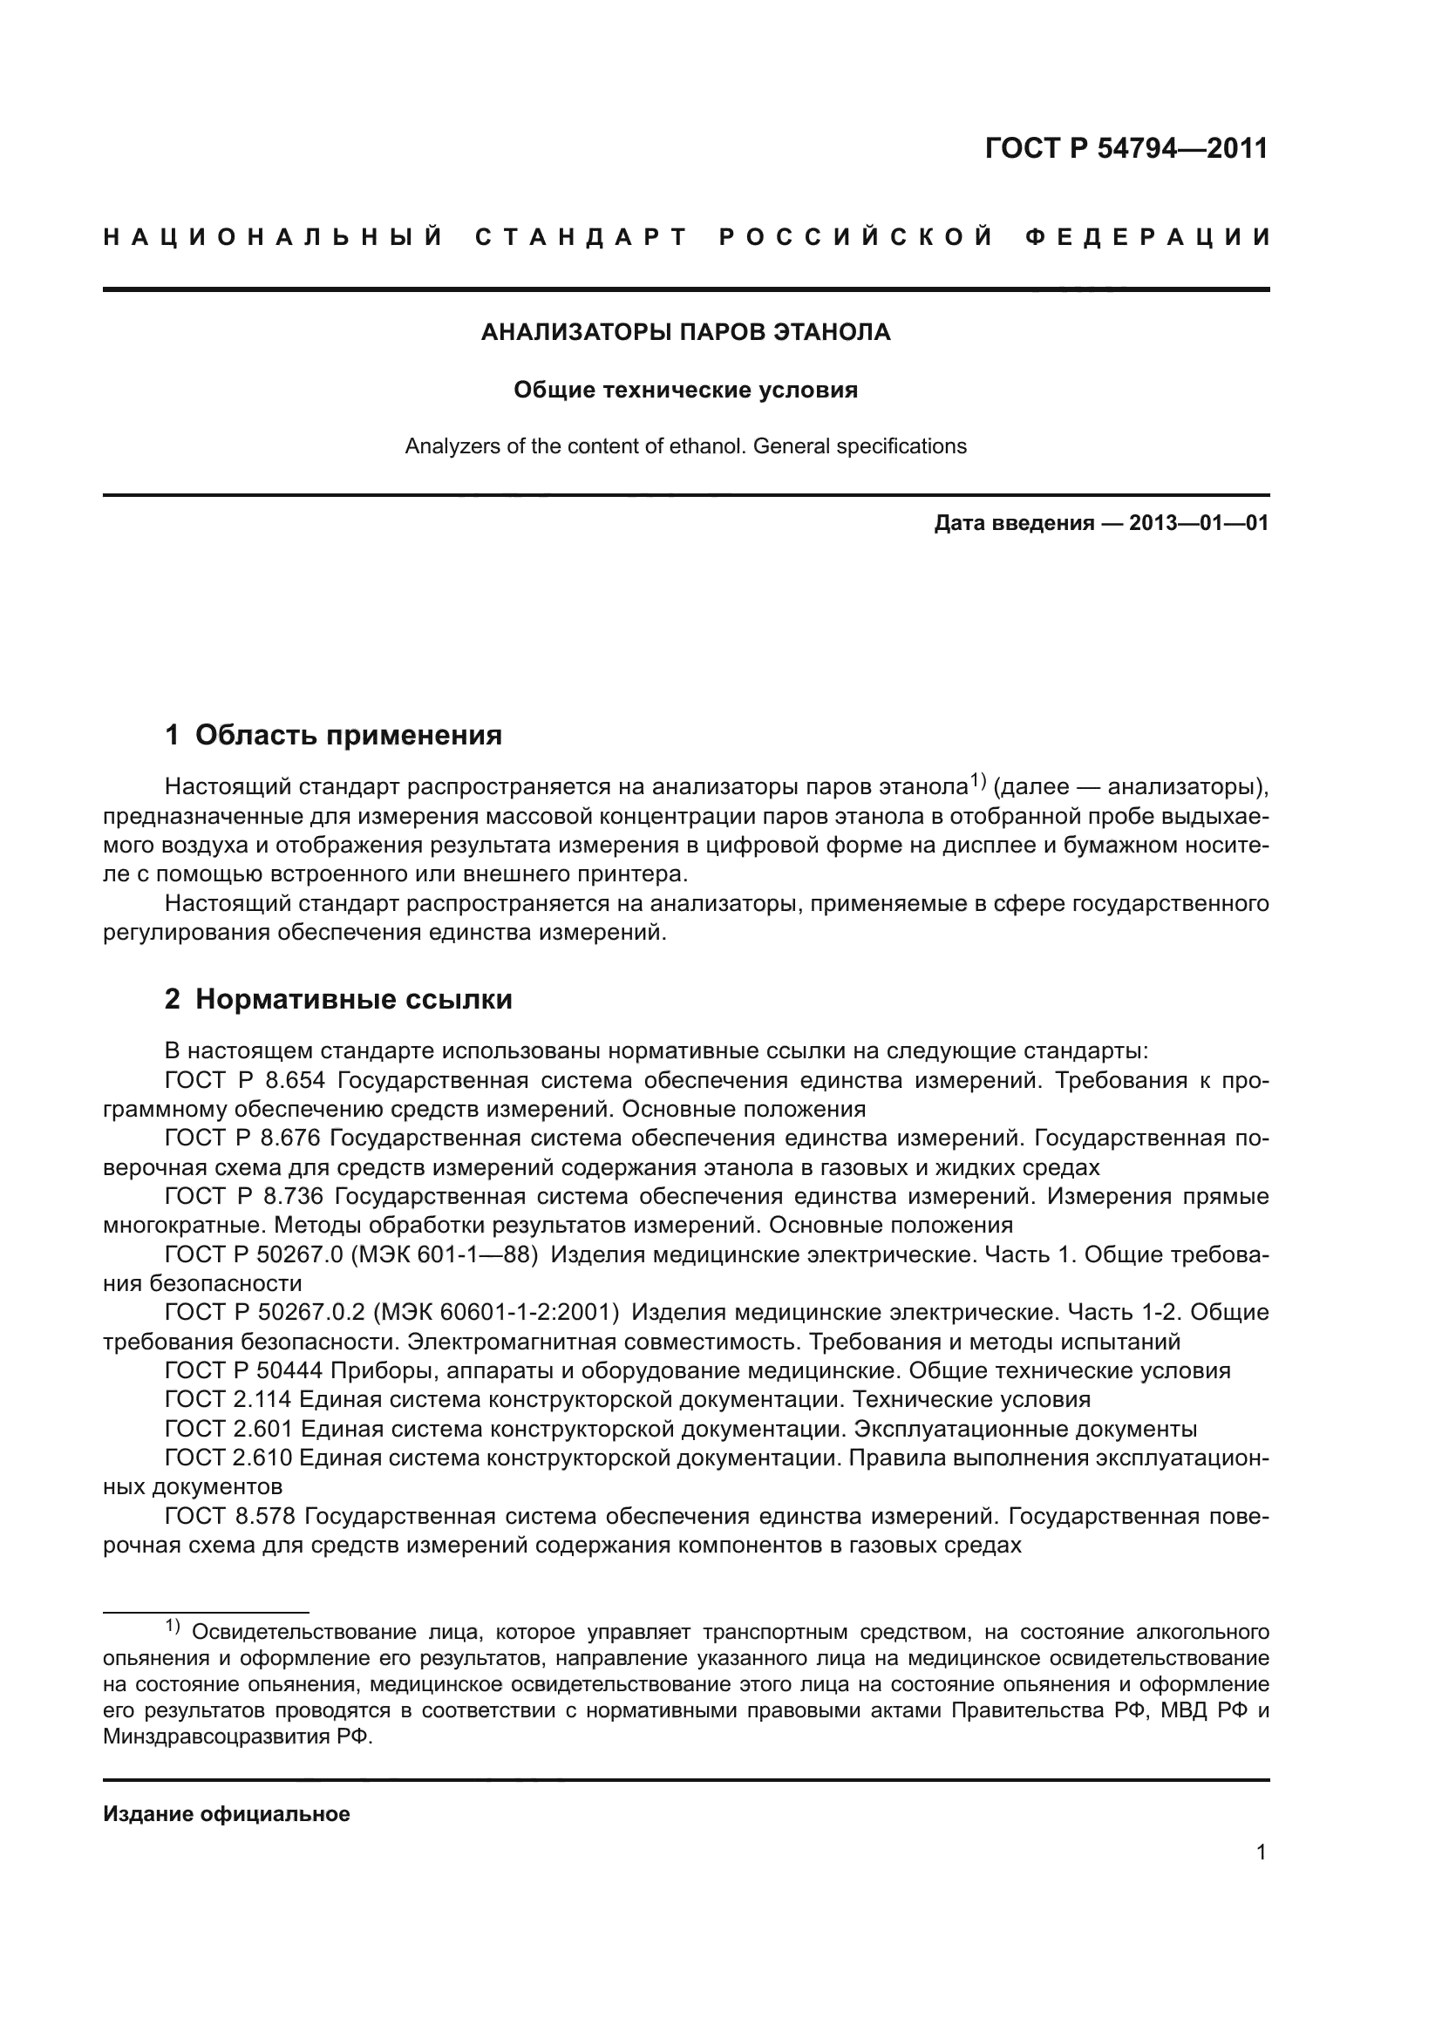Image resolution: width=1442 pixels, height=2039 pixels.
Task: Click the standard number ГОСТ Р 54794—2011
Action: click(1126, 148)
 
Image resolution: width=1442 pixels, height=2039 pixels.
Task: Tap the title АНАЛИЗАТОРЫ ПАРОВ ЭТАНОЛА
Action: click(685, 332)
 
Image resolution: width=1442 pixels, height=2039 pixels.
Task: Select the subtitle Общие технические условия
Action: click(685, 391)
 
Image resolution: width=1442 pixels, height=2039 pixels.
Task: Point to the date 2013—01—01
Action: click(1199, 523)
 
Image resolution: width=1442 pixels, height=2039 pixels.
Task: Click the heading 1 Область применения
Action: click(334, 736)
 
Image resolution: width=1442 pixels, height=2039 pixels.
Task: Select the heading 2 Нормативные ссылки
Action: click(338, 1000)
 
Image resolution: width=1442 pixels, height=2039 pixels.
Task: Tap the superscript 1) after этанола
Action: click(976, 780)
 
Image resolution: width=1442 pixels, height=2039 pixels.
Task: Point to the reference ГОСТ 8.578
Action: click(229, 1516)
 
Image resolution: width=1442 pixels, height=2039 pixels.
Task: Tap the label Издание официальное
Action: click(227, 1814)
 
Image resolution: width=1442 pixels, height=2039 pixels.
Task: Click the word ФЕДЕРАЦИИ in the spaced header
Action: click(1147, 238)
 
